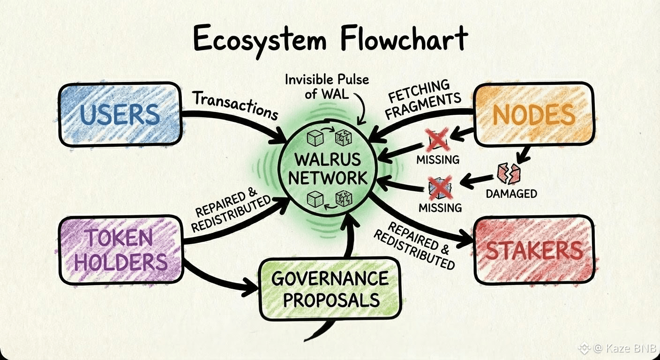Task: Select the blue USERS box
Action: pyautogui.click(x=120, y=114)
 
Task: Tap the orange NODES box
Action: pyautogui.click(x=534, y=114)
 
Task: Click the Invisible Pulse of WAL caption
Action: pyautogui.click(x=327, y=85)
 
